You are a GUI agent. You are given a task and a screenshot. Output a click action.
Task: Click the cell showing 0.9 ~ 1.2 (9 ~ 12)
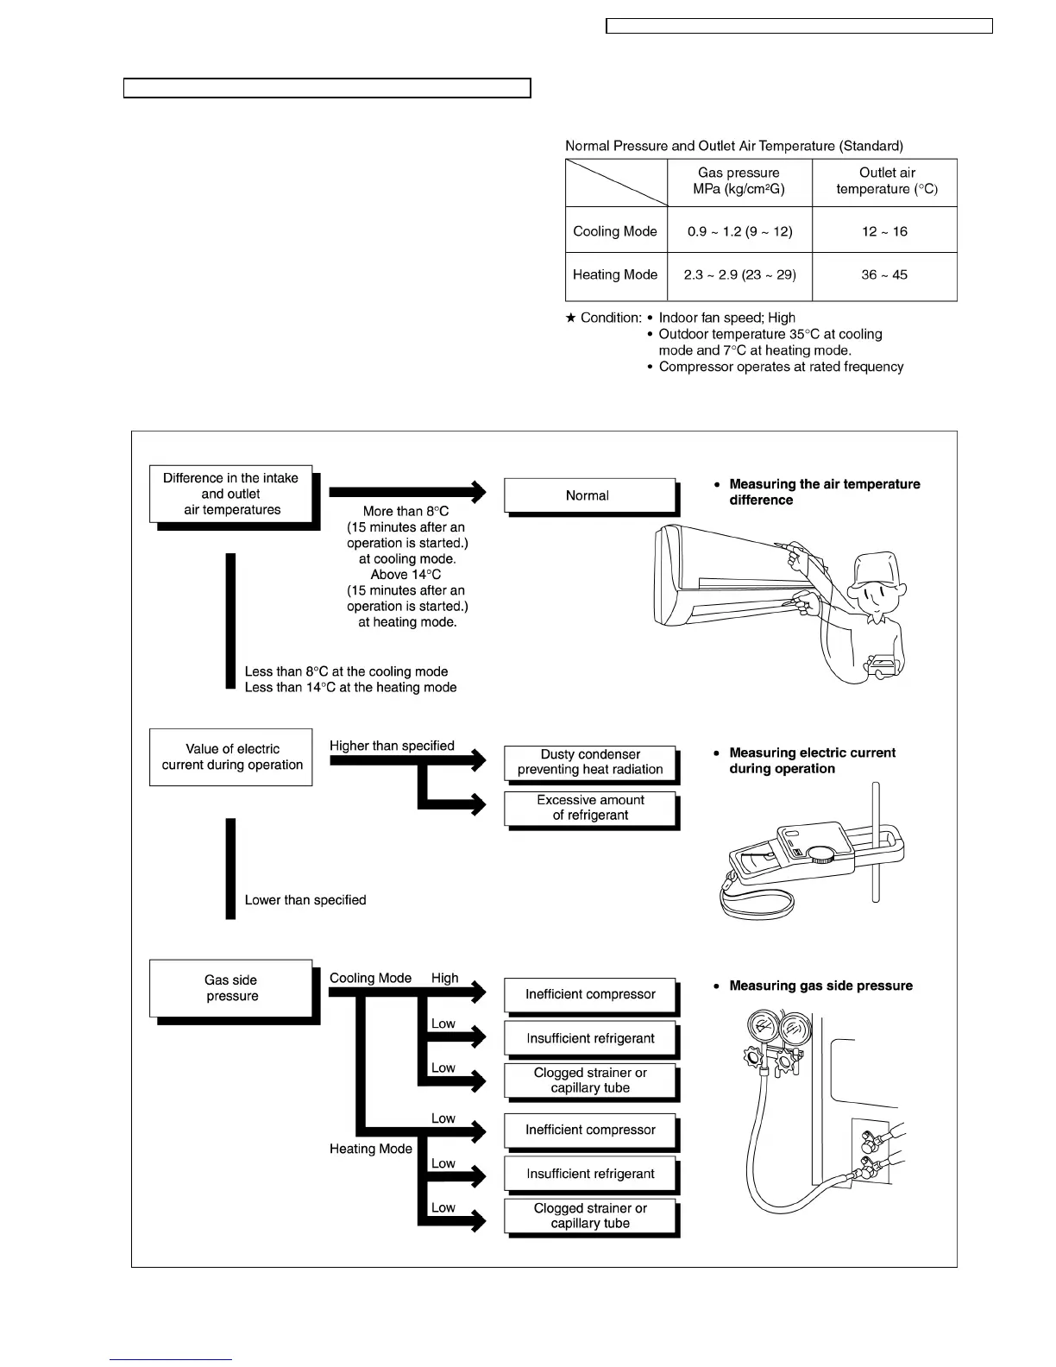click(739, 231)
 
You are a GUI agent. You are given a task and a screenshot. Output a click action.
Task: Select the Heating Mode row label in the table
click(615, 274)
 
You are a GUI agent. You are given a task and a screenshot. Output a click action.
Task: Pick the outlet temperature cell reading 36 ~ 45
click(883, 274)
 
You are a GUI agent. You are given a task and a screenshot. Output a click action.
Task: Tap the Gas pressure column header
click(739, 181)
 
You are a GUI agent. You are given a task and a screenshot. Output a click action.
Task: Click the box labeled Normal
click(588, 495)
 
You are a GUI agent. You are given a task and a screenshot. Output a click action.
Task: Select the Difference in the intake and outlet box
click(230, 495)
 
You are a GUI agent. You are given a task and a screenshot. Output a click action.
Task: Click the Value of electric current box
click(231, 757)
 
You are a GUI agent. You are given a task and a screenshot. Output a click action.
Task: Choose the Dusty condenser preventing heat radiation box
click(590, 762)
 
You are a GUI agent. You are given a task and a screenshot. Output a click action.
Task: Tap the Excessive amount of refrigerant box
click(590, 808)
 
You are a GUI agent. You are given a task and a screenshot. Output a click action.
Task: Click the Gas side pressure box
click(230, 988)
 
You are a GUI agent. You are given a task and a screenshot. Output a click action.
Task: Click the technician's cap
click(876, 569)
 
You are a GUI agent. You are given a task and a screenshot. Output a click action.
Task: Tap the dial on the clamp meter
click(822, 854)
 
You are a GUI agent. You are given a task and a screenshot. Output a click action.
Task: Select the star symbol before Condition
click(570, 318)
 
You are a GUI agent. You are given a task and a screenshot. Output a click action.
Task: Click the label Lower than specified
click(305, 900)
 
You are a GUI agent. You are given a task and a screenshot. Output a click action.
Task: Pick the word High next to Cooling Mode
click(445, 978)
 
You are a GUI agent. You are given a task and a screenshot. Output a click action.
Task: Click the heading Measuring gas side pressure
click(820, 986)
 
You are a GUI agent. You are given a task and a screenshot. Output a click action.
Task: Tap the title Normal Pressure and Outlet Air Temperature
click(734, 146)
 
